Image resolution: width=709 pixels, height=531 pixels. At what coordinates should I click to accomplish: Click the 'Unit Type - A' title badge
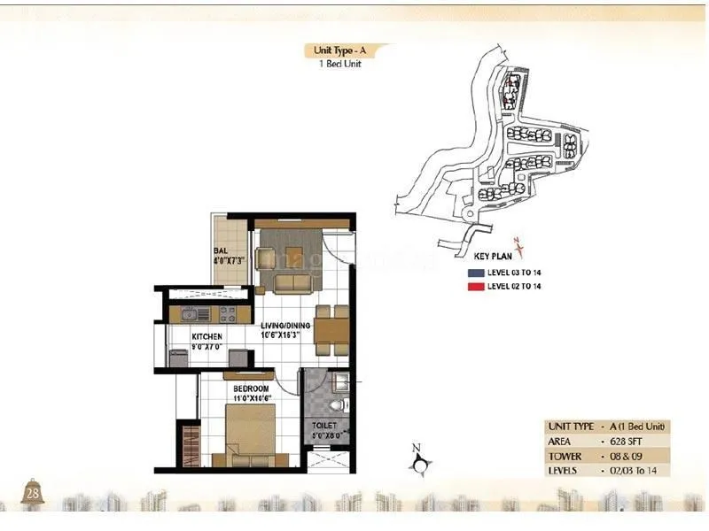[x=338, y=50]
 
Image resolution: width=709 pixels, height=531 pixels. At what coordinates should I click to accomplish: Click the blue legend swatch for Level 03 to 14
[x=475, y=273]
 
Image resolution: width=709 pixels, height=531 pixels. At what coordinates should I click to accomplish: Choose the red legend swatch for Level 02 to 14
[x=475, y=287]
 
